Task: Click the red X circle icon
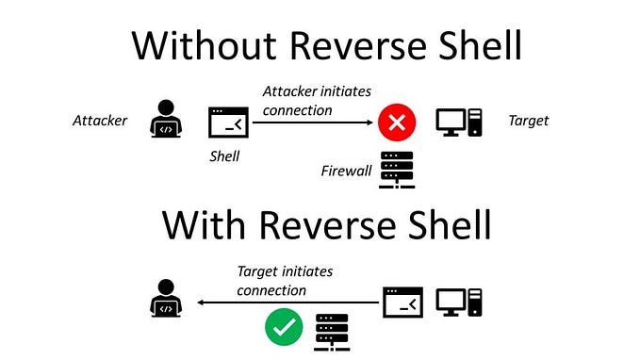[397, 123]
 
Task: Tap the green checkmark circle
[283, 330]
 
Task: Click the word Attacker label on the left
[100, 121]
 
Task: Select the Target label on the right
[528, 121]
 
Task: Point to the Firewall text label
[346, 171]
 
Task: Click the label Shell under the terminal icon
[225, 156]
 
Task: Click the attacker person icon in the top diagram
[166, 122]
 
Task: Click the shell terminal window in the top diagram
[226, 122]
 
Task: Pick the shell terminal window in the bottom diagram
[402, 303]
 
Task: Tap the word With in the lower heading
[204, 224]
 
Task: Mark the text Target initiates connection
[285, 281]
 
